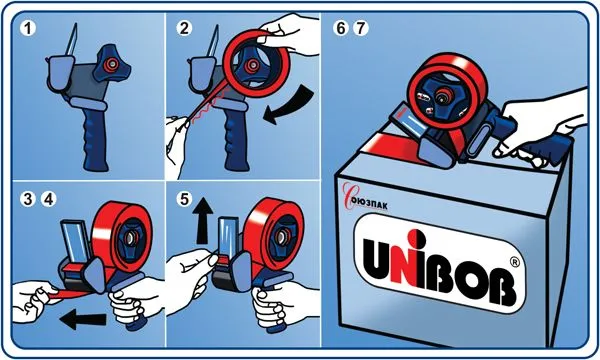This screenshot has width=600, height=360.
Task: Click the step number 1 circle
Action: point(29,29)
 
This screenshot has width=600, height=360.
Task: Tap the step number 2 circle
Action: point(184,29)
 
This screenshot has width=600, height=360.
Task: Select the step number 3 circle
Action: point(29,199)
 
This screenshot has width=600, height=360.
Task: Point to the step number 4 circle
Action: point(49,199)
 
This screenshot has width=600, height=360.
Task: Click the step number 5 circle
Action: point(184,199)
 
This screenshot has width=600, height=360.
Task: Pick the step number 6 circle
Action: point(341,29)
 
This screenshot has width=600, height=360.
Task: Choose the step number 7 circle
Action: point(360,29)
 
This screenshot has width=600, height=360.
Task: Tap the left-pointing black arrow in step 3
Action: point(83,319)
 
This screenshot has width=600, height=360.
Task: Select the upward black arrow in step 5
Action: point(203,222)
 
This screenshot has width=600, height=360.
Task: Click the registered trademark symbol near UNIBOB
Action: point(515,262)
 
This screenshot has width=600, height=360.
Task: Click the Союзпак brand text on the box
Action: point(365,200)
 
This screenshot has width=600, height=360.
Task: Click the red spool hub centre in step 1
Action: point(111,64)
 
